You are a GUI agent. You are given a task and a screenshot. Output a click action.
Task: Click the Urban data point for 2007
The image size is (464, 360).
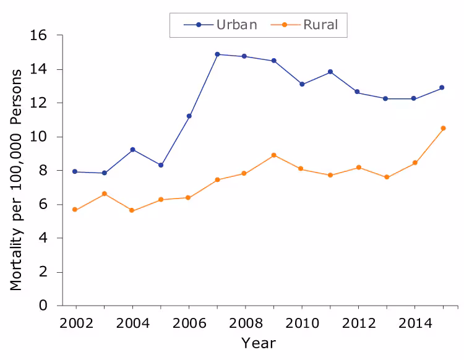coord(217,54)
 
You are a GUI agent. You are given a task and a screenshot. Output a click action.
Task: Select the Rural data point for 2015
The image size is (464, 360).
coord(443,128)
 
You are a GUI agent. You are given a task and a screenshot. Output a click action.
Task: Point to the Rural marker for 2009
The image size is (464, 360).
coord(273,155)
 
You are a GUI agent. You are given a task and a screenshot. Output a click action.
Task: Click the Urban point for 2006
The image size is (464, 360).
coord(189,116)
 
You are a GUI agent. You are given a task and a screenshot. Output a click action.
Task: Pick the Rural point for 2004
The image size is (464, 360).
coord(132,210)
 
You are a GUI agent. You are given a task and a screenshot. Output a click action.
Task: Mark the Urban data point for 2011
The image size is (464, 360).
coord(330,72)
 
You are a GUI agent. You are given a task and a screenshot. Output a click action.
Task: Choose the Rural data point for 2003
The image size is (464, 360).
coord(105,194)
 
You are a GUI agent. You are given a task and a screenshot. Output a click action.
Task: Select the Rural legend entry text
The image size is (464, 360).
coord(320,25)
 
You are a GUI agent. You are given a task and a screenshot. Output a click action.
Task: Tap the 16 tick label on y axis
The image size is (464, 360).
coord(38,36)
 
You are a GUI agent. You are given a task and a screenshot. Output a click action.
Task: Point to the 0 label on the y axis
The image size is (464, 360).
coord(43,306)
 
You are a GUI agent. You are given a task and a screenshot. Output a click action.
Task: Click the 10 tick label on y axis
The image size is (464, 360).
coord(38,137)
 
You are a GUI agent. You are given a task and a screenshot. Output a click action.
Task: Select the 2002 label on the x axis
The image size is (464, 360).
coord(76,322)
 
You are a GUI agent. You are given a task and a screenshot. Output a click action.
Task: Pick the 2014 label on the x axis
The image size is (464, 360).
coord(415,322)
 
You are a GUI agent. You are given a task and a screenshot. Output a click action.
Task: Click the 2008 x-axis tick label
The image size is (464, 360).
coord(245,322)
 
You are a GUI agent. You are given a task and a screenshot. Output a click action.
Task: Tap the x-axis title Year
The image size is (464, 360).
coord(258,343)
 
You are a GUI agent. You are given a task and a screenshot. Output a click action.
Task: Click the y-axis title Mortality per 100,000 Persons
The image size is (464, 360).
coord(16,179)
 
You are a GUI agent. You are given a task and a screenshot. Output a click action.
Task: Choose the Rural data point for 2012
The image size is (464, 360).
coord(358,168)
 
